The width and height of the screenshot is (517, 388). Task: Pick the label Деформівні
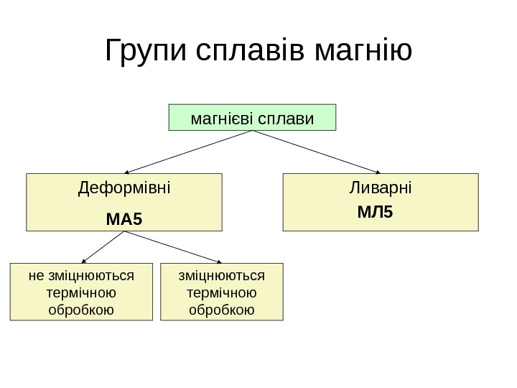point(124,189)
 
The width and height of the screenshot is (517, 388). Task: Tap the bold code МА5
point(124,217)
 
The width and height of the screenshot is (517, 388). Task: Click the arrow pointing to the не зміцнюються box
point(105,248)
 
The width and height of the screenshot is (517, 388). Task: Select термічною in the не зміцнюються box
point(81,293)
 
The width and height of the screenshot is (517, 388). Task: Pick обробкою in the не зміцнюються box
point(81,310)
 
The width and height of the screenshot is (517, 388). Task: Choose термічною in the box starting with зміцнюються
point(222,293)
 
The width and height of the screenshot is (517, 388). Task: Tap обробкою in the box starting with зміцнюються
point(222,310)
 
